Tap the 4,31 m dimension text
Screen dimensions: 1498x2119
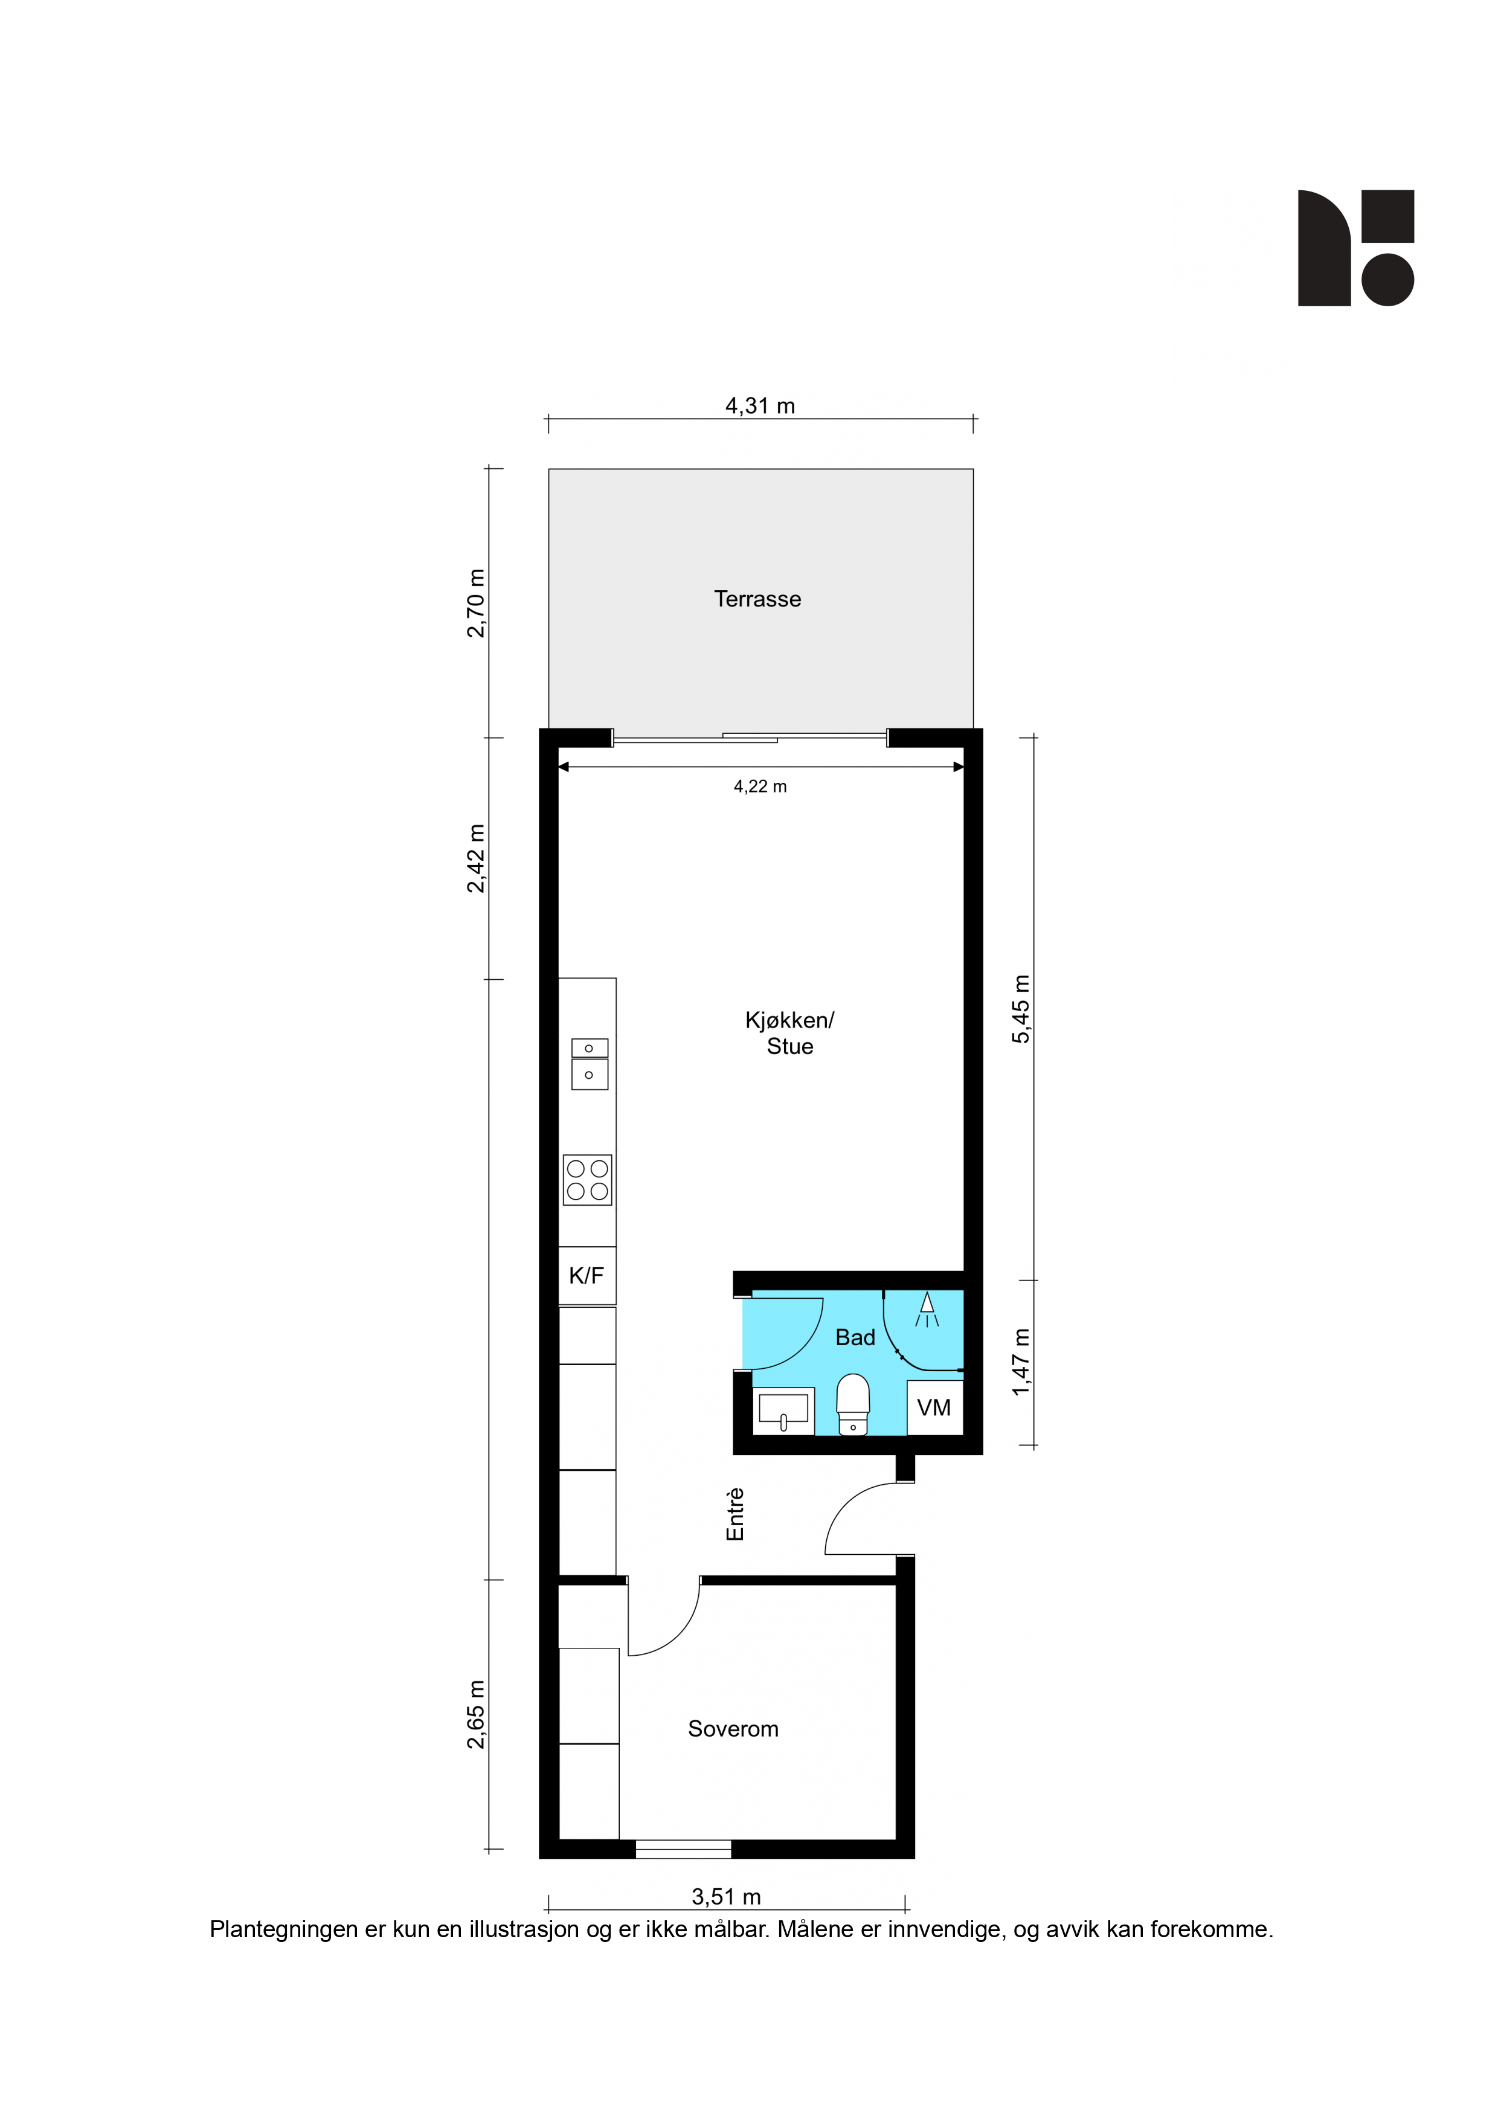[760, 405]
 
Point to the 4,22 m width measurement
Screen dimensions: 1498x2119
[760, 786]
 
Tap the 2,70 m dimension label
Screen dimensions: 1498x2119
[475, 603]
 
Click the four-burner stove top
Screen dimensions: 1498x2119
[587, 1180]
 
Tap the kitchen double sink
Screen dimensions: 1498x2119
[589, 1064]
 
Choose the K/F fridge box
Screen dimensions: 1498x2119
[587, 1276]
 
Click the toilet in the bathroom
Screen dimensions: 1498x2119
[853, 1404]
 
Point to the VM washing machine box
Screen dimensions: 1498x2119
[934, 1407]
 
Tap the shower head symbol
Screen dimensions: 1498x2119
[927, 1309]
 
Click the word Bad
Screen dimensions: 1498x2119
[855, 1337]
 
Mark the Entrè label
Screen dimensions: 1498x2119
[735, 1514]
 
